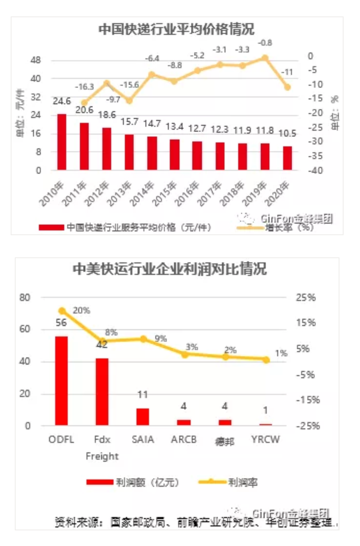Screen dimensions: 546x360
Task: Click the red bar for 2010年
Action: pos(62,142)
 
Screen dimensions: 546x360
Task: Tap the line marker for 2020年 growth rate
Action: pos(287,87)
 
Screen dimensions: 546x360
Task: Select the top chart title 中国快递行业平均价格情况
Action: pos(176,30)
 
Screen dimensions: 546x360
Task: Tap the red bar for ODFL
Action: pos(62,381)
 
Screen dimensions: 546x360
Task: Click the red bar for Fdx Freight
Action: pos(102,392)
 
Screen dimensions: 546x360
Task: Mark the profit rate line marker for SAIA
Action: pos(144,339)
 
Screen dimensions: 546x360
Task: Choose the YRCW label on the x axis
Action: pos(265,440)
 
